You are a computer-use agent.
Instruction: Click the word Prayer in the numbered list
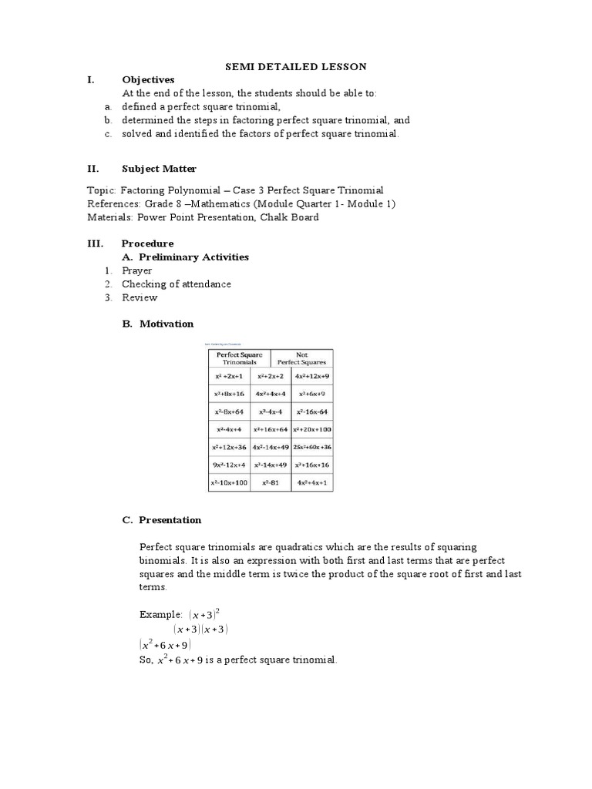click(x=136, y=270)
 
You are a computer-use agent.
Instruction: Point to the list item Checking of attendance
click(x=176, y=284)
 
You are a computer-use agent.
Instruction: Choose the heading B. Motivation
click(x=157, y=324)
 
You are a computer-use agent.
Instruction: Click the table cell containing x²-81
click(x=271, y=483)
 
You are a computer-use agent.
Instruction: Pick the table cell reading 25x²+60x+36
click(x=312, y=447)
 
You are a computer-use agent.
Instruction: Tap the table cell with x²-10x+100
click(x=229, y=483)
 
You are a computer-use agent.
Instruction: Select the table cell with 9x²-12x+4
click(x=229, y=465)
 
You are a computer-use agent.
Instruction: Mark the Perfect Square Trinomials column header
click(x=238, y=358)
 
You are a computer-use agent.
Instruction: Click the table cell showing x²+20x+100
click(x=312, y=428)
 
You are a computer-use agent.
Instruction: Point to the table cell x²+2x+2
click(x=271, y=376)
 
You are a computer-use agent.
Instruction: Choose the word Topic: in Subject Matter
click(x=101, y=190)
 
